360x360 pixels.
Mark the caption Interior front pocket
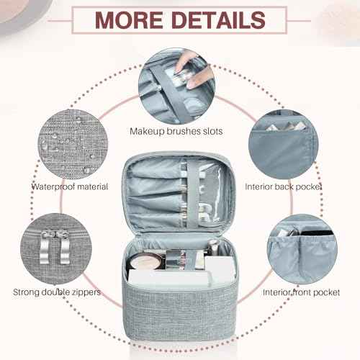pos(302,292)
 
